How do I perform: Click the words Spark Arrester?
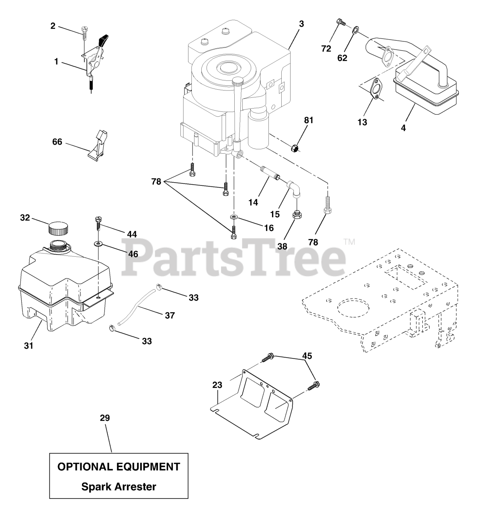(119, 487)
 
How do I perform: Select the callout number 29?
(105, 418)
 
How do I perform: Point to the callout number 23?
(217, 385)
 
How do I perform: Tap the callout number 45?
(307, 356)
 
